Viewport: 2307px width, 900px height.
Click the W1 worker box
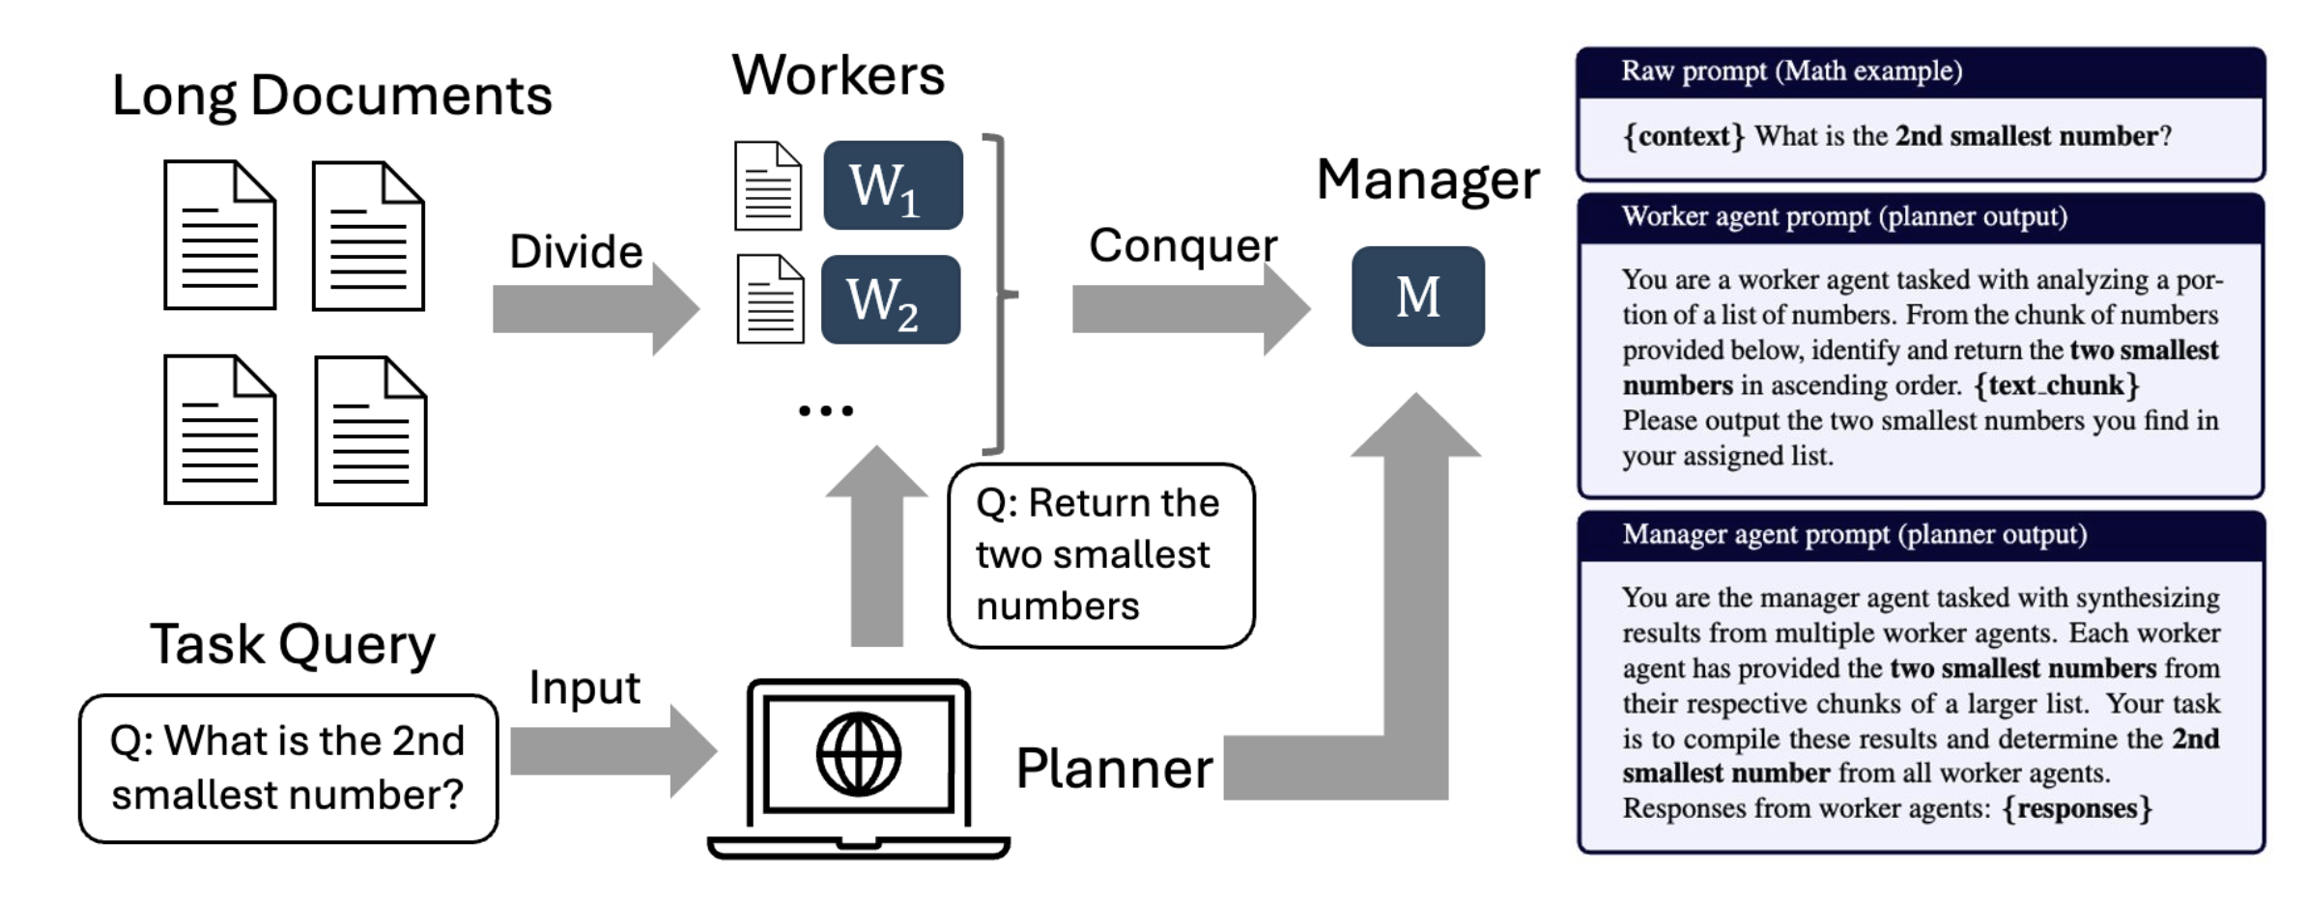(893, 185)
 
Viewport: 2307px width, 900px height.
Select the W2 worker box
(891, 299)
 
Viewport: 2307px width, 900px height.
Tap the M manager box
(1417, 296)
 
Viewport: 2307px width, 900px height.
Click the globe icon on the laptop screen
(858, 754)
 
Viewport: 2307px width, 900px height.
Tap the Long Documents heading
(331, 96)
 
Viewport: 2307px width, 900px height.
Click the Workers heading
(838, 75)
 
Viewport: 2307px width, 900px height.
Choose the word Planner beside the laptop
(1114, 769)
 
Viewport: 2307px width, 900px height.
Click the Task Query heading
(292, 644)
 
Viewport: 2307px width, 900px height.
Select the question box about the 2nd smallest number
(288, 769)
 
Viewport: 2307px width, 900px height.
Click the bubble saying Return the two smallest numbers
(1100, 555)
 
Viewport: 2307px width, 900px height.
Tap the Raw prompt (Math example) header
(1791, 71)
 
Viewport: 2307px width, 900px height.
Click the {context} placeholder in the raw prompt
(1683, 136)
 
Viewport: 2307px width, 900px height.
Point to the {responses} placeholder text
(2077, 808)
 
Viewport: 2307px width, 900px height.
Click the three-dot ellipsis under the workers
(826, 411)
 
